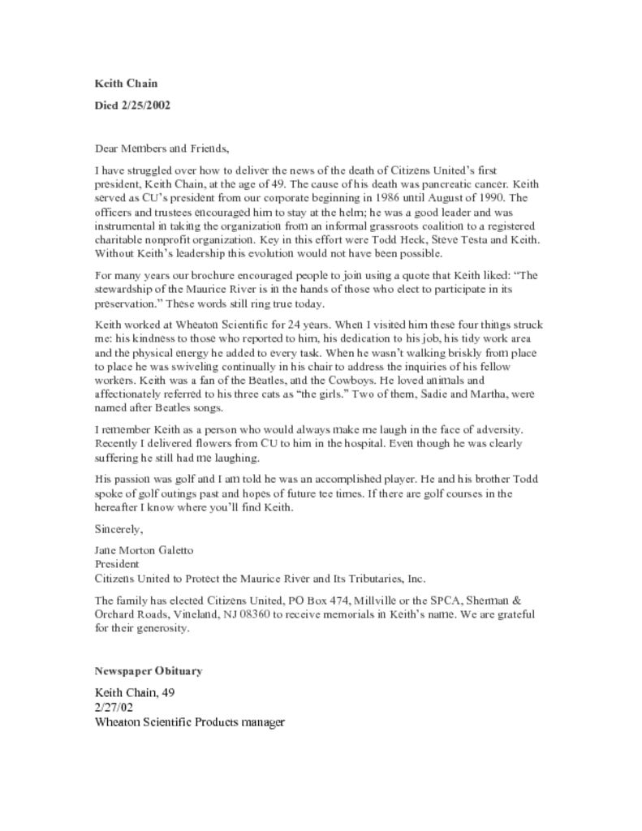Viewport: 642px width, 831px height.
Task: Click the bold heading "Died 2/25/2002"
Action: coord(132,105)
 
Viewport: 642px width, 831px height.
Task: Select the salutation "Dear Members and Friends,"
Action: coord(162,149)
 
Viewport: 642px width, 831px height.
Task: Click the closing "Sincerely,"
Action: coord(118,529)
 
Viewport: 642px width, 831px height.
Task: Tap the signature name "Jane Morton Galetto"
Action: coord(144,550)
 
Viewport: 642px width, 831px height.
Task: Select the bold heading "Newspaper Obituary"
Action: coord(148,671)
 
